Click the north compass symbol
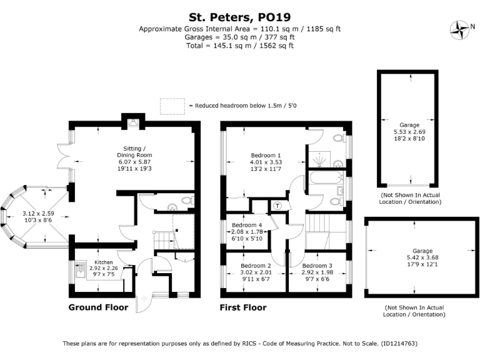click(462, 29)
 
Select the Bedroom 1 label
click(266, 155)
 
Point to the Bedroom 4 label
click(247, 225)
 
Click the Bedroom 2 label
click(256, 266)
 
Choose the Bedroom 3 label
click(317, 266)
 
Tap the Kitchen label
click(103, 262)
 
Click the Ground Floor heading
click(98, 307)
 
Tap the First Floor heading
click(243, 307)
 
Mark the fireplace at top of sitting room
click(132, 121)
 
